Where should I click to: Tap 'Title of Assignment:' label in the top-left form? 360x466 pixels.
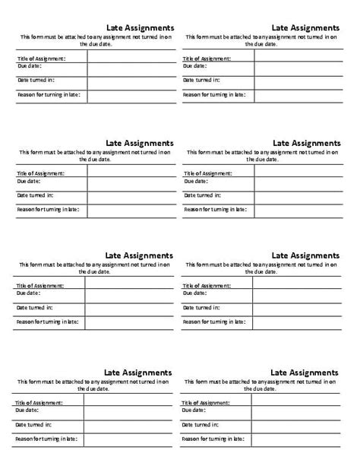[41, 58]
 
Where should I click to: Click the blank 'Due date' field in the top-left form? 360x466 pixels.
[130, 69]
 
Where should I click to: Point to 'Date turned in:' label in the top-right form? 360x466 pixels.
[201, 80]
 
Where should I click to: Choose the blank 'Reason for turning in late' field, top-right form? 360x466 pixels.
[298, 97]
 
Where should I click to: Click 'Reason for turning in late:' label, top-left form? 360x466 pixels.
[48, 95]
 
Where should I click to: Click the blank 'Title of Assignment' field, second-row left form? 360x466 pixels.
[130, 173]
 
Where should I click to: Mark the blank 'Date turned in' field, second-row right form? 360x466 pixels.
[298, 196]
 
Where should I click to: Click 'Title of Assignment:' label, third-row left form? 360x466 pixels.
[38, 286]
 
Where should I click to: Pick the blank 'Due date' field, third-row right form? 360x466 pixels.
[297, 295]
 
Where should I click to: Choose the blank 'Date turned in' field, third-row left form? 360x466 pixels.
[129, 309]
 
